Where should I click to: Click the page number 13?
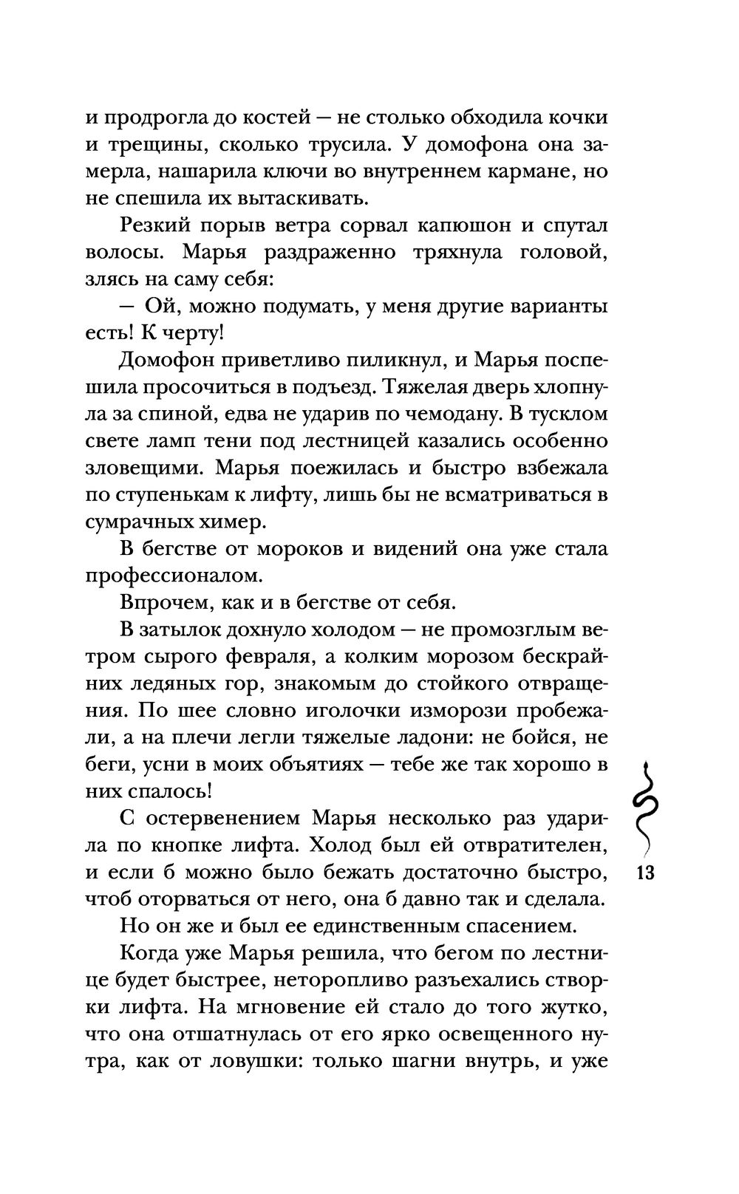[x=645, y=873]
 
